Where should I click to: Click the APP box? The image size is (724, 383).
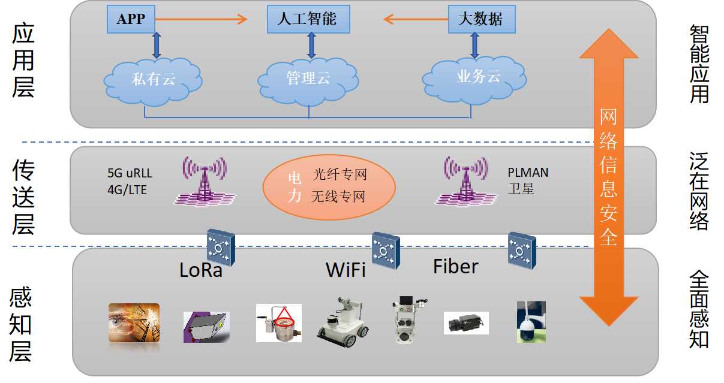131,19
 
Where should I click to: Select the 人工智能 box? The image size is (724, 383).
307,19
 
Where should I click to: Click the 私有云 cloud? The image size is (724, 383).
153,79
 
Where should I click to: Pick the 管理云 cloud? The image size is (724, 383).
308,79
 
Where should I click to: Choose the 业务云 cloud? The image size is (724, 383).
477,77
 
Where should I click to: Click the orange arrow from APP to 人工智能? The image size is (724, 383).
201,19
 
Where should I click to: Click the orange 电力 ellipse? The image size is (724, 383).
329,186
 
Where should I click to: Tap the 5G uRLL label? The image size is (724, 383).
130,174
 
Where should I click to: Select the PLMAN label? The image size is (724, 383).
528,173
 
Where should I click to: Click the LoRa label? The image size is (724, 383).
201,270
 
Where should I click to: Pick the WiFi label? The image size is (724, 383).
346,270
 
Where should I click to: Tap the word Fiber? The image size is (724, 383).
456,266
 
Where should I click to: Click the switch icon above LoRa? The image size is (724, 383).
220,246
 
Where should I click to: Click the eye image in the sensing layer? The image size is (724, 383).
134,322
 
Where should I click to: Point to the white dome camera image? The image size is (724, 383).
531,322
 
